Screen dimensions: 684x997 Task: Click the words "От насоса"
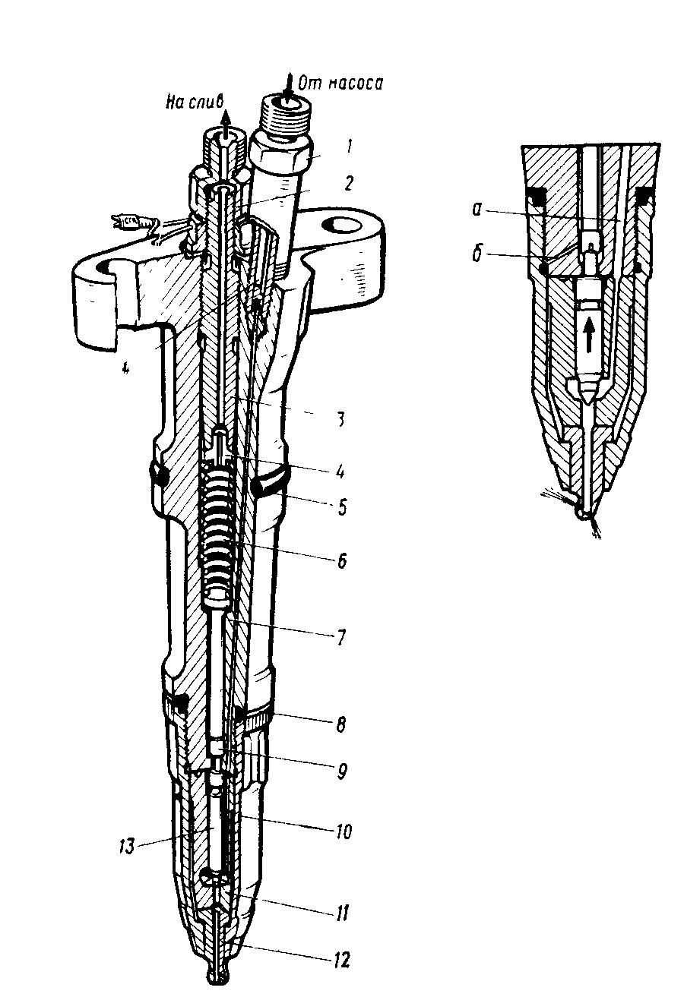pos(340,83)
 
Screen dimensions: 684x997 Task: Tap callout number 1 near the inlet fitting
pos(349,147)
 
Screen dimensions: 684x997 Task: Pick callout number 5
pos(341,508)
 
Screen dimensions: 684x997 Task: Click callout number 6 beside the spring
pos(341,561)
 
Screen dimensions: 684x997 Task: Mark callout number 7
pos(340,637)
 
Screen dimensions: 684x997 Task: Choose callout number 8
pos(340,725)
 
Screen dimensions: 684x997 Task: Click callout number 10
pos(343,831)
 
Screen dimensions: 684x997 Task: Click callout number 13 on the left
pos(127,846)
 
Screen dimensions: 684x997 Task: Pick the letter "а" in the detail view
pos(477,210)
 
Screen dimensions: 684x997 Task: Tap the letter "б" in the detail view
pos(477,255)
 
